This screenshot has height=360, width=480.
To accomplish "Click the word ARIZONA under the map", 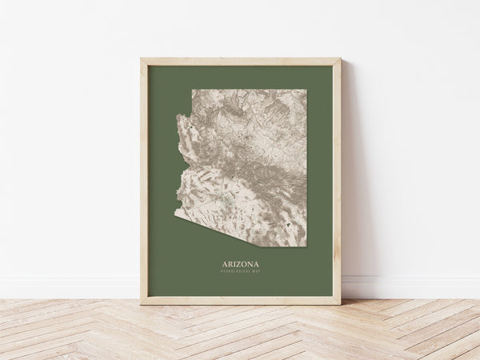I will pos(241,263).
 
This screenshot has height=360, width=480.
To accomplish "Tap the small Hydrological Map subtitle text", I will pos(241,272).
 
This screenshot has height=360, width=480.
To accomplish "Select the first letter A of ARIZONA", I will pos(225,263).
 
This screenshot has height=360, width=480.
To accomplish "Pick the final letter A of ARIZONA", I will pos(256,263).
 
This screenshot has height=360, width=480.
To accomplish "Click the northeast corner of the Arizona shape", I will pos(306,90).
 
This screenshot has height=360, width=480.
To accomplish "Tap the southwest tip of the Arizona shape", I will pos(176,214).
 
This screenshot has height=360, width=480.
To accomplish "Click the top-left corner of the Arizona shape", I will pos(192,90).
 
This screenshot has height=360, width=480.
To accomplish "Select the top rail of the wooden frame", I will pos(240,62).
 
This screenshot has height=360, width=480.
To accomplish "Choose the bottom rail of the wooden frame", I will pos(240,300).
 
